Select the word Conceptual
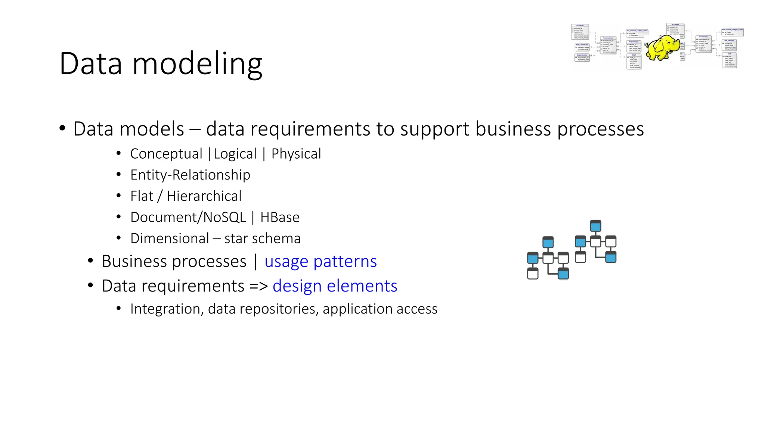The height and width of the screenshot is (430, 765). tap(166, 154)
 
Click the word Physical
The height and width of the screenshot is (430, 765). tap(296, 154)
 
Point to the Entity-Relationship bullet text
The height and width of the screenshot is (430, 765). tap(190, 175)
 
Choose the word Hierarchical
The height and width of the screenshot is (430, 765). tap(204, 196)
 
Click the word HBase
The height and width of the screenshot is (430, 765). tap(280, 217)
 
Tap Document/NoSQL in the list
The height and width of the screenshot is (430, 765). tap(188, 217)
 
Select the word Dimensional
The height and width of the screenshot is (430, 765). tap(170, 239)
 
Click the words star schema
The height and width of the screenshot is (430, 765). tap(262, 239)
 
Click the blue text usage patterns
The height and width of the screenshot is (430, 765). tap(320, 261)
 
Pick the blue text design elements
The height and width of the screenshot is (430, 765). tap(335, 286)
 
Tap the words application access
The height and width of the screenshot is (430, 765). tap(380, 309)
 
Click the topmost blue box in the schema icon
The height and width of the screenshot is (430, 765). tap(595, 226)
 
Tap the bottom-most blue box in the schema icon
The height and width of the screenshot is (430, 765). tap(563, 274)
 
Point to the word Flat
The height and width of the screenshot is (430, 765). tap(142, 196)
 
